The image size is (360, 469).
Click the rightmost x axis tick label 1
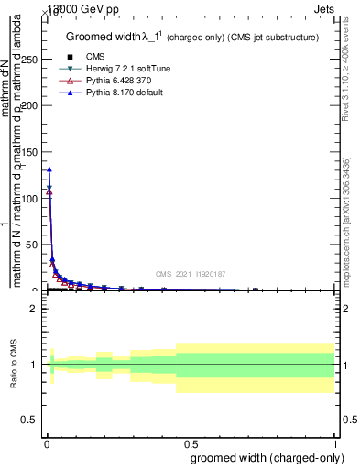coord(335,443)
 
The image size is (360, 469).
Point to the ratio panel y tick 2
coord(32,309)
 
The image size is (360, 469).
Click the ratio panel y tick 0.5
coord(29,420)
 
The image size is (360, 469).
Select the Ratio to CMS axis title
coord(14,364)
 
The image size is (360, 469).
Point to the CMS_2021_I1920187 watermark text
coord(191,273)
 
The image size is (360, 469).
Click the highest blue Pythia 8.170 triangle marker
coord(49,169)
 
